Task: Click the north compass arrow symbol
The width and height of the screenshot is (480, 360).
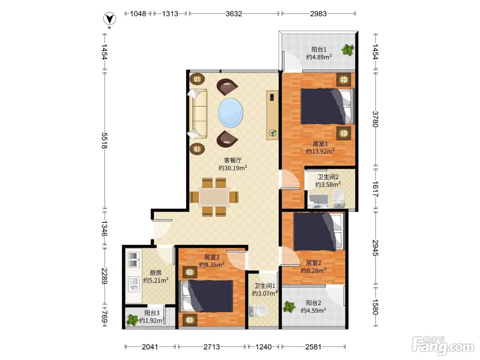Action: point(109,19)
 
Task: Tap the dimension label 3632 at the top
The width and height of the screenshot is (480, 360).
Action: point(234,14)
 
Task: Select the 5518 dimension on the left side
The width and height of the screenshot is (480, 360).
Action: point(105,141)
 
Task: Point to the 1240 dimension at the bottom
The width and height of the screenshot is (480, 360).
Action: point(264,347)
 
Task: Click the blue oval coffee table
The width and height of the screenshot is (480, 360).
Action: point(230,113)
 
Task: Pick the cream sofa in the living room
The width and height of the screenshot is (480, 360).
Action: point(197,113)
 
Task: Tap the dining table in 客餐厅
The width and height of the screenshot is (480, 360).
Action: point(214,197)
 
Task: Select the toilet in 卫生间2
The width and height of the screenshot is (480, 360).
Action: point(339,199)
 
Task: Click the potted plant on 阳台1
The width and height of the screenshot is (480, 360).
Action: point(347,50)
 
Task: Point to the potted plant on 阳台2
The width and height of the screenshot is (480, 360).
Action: point(289,307)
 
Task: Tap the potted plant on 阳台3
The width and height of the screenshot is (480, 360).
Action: point(132,320)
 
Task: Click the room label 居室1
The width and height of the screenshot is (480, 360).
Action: point(320,144)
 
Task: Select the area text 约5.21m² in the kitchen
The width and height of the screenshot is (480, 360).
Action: point(156,280)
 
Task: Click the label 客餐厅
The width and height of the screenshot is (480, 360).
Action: point(233,160)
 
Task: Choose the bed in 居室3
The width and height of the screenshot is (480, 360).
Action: point(206,296)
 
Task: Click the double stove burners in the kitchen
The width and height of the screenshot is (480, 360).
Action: point(133,260)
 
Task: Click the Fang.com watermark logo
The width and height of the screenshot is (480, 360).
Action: point(443,346)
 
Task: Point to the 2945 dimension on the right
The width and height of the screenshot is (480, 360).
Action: point(375,248)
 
